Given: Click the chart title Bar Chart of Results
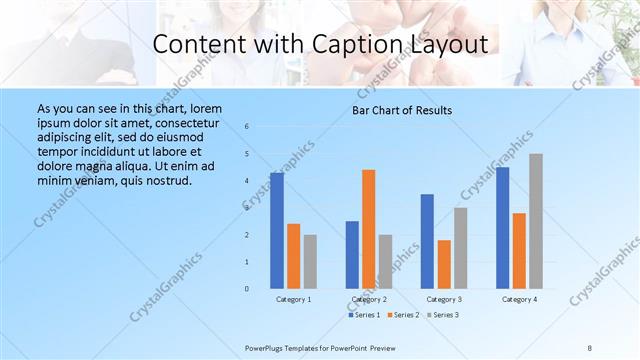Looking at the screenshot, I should (x=401, y=110).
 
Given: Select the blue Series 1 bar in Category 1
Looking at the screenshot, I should (x=277, y=231).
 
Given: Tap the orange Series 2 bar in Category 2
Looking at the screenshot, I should (x=369, y=229).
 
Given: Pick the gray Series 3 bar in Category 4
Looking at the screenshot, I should (x=536, y=221).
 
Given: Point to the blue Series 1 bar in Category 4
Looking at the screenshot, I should (x=502, y=228).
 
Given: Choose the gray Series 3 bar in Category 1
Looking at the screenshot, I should (x=310, y=261).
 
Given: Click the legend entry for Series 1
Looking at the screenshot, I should (x=365, y=315).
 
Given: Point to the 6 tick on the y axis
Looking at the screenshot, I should (x=247, y=127).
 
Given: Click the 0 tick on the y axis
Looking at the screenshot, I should (x=247, y=289).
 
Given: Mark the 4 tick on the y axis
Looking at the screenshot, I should (x=247, y=181).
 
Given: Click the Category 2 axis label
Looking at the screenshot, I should (x=369, y=299).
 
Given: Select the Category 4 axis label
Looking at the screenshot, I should (x=519, y=299).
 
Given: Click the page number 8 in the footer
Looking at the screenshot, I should (x=590, y=347).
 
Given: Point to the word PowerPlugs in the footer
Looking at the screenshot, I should (x=265, y=347).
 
